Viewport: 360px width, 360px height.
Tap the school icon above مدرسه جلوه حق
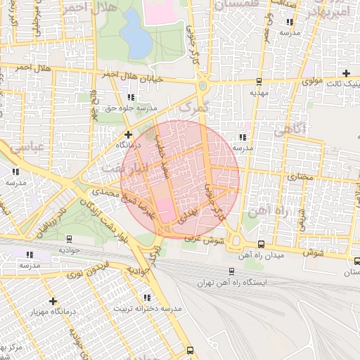(x=130, y=97)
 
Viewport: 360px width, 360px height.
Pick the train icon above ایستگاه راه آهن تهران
(x=231, y=271)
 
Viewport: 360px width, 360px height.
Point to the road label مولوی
(x=312, y=82)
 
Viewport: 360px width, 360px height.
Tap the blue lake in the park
(x=135, y=35)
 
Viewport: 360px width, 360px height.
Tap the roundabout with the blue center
(x=202, y=86)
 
